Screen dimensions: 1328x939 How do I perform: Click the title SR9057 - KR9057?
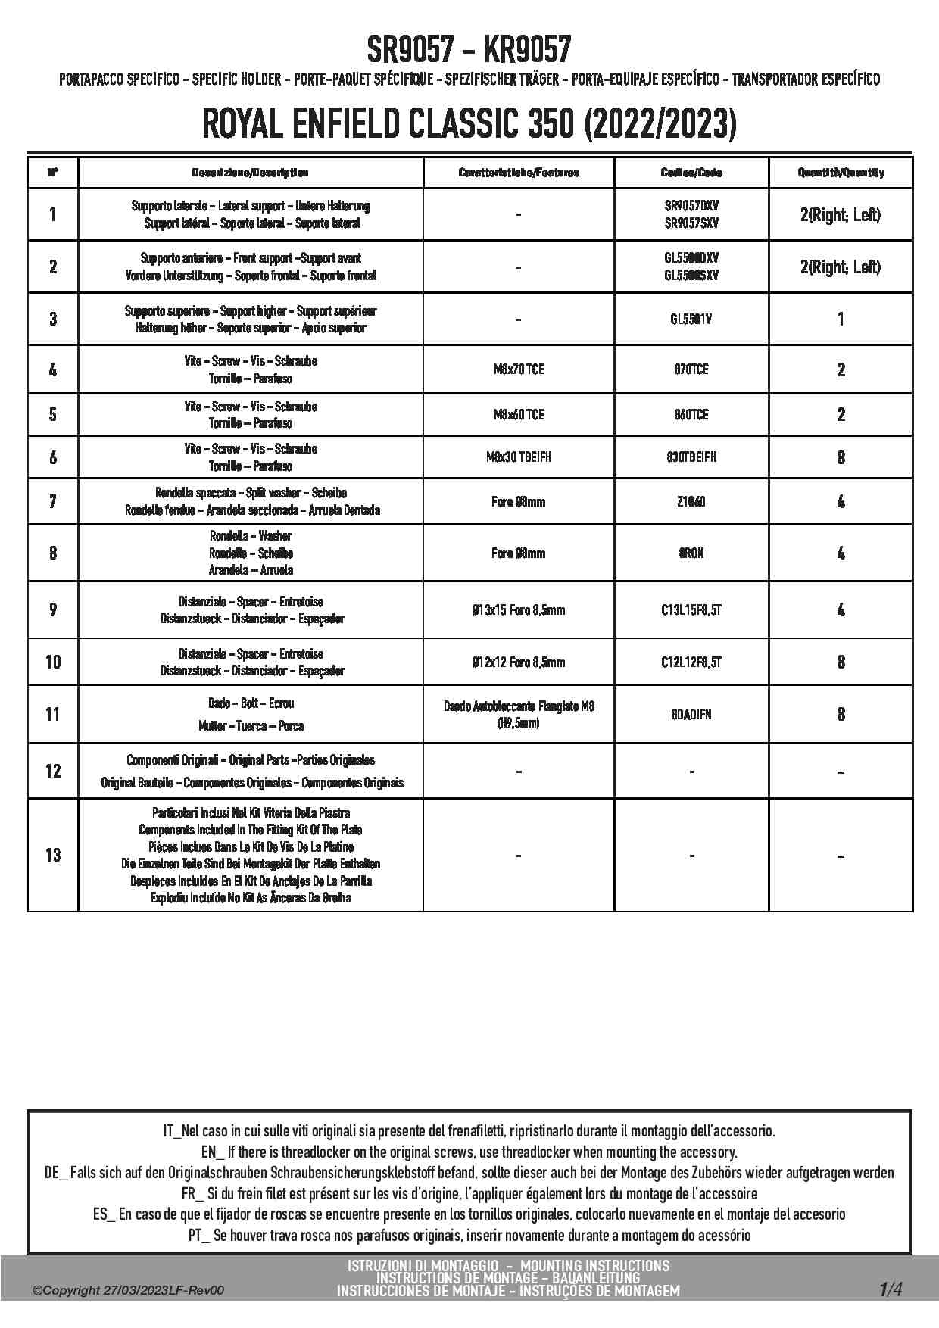469,50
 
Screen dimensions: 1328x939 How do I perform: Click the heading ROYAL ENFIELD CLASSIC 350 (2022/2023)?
469,124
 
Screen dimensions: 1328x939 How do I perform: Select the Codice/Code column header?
691,173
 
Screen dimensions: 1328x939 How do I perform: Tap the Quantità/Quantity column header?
841,173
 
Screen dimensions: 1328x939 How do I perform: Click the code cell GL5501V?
691,320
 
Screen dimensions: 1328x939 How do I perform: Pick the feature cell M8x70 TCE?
519,369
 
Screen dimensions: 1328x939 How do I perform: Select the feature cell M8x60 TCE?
519,415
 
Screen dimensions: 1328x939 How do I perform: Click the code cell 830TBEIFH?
691,457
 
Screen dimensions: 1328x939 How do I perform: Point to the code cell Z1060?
691,501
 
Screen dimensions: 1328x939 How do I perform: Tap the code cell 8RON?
691,553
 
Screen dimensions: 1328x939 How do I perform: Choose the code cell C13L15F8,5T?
691,610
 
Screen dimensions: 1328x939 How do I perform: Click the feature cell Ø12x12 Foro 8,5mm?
519,662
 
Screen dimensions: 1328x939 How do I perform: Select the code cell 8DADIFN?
691,715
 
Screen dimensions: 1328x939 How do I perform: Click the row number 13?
53,856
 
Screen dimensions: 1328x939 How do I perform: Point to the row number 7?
53,501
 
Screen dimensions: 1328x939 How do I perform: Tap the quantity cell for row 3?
841,320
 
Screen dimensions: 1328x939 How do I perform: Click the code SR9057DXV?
691,206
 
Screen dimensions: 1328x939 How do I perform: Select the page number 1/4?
891,1289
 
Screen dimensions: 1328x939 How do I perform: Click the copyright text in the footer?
129,1291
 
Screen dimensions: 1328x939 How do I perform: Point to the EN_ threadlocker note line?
469,1152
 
